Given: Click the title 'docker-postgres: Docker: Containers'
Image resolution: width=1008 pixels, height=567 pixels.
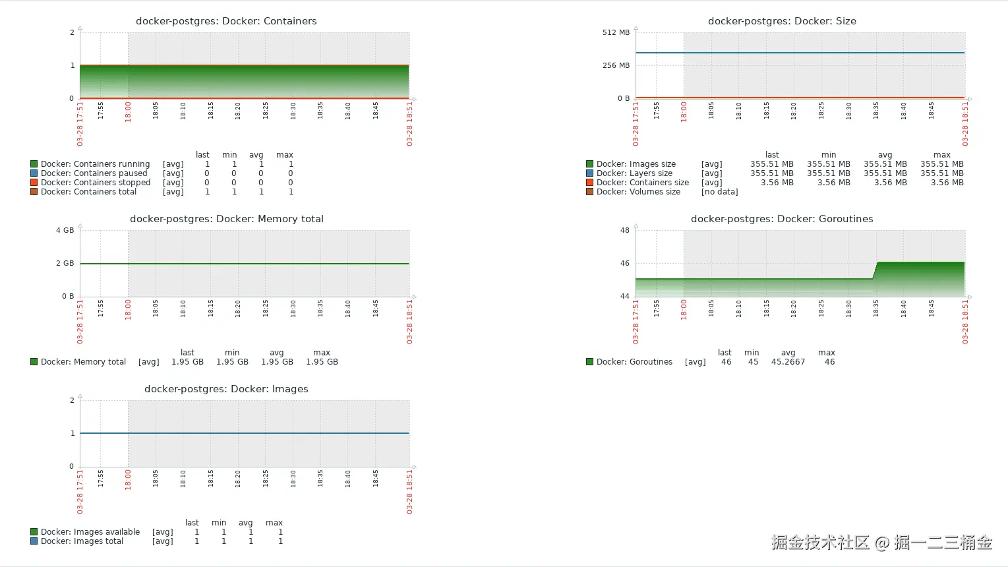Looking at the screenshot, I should point(226,21).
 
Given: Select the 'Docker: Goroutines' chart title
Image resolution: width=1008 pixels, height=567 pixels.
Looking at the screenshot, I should point(782,219).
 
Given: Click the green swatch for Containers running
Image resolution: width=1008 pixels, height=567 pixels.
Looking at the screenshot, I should point(34,164).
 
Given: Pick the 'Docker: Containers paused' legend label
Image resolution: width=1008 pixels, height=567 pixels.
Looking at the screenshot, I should point(94,173).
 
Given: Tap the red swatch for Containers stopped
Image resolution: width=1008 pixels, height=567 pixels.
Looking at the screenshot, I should point(34,183).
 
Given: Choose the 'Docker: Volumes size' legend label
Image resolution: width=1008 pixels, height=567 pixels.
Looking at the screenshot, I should point(638,192).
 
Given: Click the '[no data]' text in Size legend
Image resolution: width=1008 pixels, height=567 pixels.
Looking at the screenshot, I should point(719,192).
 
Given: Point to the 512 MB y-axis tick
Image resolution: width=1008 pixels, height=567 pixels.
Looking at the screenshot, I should point(616,32).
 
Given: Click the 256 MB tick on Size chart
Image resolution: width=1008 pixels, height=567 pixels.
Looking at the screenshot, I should point(616,65).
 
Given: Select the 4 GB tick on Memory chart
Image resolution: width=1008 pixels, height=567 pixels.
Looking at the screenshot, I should point(65,230).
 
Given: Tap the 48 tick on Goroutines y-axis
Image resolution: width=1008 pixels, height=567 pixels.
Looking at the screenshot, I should point(624,230).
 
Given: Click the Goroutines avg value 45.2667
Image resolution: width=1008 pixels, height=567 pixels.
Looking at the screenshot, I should point(788,362).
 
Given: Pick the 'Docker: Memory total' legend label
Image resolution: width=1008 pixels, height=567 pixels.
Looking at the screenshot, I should point(83,362).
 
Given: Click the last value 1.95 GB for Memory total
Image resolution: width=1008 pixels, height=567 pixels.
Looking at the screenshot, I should point(187,362).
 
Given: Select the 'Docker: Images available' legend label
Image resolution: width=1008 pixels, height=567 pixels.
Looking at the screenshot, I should point(90,532).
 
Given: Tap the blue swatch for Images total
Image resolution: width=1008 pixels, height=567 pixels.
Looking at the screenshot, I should point(34,541).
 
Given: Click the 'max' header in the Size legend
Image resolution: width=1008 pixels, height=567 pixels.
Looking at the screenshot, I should point(941,155).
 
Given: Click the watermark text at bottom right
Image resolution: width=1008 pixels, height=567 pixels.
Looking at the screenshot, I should point(881,543).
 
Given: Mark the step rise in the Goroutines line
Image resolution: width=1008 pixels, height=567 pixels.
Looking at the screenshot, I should point(875,270).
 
